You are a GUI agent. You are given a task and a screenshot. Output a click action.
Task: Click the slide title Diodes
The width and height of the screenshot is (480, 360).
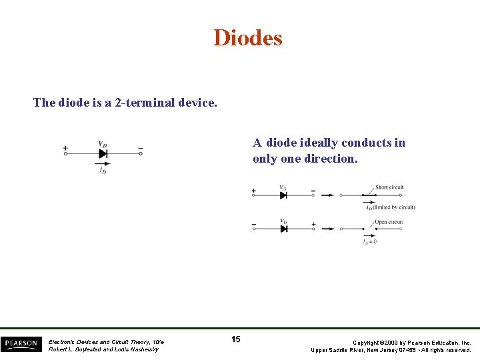tap(248, 38)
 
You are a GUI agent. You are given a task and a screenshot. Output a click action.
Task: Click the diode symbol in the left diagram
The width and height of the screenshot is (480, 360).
tap(103, 153)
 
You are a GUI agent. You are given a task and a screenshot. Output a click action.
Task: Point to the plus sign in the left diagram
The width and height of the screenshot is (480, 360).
tap(65, 148)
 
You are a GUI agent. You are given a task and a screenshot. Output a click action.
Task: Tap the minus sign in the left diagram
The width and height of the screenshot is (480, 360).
tap(141, 148)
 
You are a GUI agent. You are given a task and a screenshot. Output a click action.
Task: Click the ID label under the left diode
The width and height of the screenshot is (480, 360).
tap(103, 170)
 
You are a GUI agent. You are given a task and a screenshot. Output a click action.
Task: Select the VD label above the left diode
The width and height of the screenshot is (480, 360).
tap(103, 143)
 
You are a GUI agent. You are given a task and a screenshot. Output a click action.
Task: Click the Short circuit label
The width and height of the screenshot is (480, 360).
tap(389, 187)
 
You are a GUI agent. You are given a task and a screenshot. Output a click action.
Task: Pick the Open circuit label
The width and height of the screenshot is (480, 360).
tap(389, 222)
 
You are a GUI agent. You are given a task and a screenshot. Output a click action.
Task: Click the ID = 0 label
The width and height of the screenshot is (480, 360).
tap(370, 242)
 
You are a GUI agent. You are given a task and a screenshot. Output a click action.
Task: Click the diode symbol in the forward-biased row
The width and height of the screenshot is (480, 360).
tap(283, 195)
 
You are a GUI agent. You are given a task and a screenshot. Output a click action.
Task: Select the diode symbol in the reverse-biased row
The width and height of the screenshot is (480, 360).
tap(283, 229)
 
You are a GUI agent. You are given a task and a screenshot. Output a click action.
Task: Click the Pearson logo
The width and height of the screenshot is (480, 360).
tap(21, 344)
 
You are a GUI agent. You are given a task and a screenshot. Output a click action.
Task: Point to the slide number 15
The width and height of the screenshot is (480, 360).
tap(236, 339)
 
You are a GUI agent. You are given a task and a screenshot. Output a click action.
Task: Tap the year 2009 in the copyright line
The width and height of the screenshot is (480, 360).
tap(393, 343)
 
